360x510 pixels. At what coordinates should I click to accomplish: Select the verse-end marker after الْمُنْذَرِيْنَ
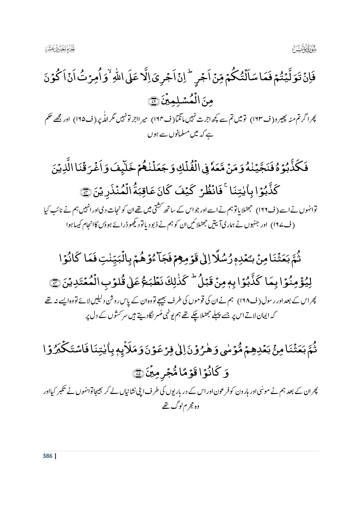click(x=87, y=193)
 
